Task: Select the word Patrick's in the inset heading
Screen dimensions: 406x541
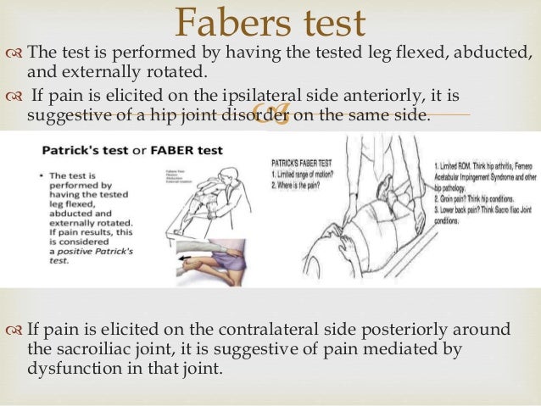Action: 74,151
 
